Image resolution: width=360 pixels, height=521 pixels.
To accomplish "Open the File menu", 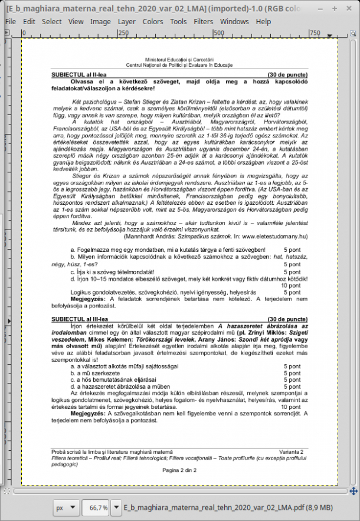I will coord(10,21).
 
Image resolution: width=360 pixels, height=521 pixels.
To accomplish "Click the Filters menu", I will coord(204,21).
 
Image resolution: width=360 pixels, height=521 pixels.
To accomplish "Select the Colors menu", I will coord(153,21).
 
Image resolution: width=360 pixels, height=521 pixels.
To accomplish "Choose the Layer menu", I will coord(126,21).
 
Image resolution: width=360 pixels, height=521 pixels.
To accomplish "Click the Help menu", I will coord(263,21).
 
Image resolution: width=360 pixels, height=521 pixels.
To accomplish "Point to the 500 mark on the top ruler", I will coord(218,33).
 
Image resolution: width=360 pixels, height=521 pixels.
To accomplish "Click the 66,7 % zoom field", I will coord(98,507).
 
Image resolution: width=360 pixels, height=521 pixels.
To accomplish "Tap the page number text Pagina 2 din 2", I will coord(179,470).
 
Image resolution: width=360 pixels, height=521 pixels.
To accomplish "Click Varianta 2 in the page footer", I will coord(292,452).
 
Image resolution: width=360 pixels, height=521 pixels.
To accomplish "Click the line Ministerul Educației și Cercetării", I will coord(180,60).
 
